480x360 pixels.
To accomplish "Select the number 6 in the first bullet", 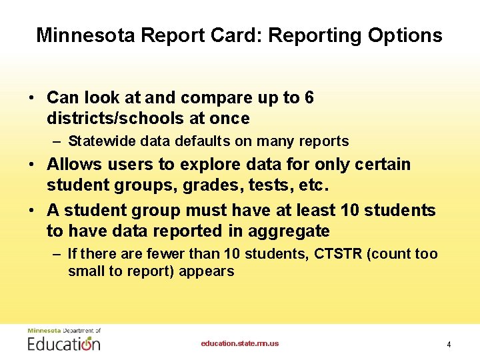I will point(309,98).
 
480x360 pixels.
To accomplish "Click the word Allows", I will point(75,164).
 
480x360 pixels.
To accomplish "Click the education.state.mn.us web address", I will point(240,343).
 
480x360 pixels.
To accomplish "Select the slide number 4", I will point(449,345).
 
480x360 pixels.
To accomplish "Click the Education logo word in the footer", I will point(64,343).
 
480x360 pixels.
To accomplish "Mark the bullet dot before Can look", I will point(32,98).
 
